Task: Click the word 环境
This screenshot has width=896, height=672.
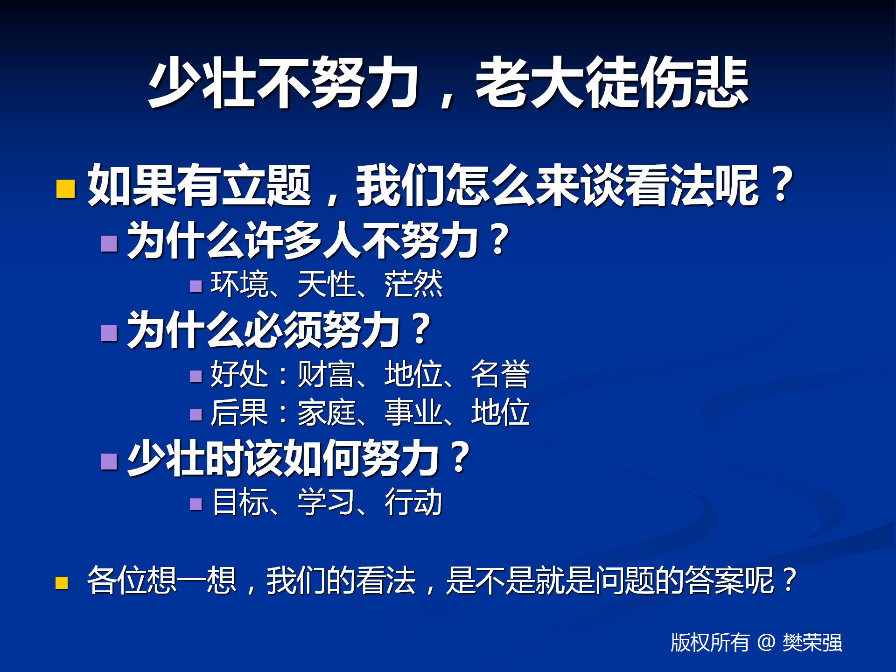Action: point(240,284)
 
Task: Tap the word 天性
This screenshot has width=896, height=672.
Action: point(327,284)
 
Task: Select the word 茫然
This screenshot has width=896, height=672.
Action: point(413,284)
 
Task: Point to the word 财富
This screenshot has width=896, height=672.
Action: point(327,374)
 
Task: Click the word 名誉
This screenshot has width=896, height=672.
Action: point(500,374)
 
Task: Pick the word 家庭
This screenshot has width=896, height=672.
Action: point(327,413)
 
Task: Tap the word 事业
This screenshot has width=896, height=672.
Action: point(413,413)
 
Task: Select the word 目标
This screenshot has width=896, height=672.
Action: point(241,503)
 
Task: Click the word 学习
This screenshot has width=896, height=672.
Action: point(327,503)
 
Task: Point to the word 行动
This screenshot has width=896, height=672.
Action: point(413,503)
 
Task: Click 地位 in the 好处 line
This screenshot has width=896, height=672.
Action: point(413,374)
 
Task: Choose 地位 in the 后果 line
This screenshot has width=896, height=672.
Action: point(500,413)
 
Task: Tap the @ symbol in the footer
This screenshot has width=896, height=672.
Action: point(766,643)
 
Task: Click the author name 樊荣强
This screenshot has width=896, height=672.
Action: point(812,643)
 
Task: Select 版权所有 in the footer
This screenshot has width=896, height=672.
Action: point(710,643)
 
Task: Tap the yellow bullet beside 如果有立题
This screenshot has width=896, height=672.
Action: point(65,189)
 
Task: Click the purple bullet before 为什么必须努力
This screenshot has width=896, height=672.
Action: point(109,333)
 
